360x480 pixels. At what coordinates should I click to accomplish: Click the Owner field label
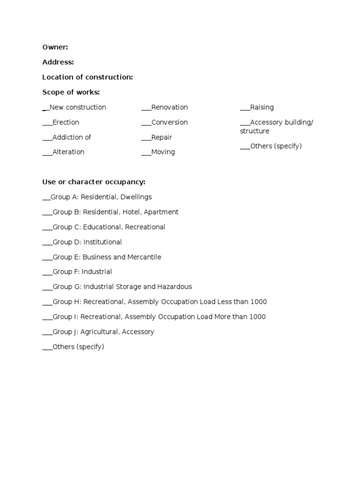click(x=55, y=47)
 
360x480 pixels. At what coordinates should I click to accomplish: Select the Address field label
click(x=58, y=62)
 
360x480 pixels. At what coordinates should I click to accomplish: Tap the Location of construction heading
click(x=87, y=77)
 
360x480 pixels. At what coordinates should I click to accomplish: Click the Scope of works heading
click(x=71, y=92)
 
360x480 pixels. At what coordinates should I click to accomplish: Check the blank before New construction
click(x=45, y=108)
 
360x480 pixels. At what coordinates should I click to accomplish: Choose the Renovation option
click(x=169, y=107)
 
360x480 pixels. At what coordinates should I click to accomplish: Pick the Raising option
click(x=262, y=107)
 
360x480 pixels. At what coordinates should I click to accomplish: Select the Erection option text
click(x=66, y=122)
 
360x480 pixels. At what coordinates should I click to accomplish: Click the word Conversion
click(x=169, y=122)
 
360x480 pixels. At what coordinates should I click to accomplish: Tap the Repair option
click(x=161, y=137)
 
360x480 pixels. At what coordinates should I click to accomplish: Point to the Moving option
click(x=163, y=152)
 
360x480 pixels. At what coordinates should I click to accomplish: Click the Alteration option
click(x=68, y=152)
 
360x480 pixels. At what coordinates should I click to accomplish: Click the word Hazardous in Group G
click(x=175, y=286)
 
